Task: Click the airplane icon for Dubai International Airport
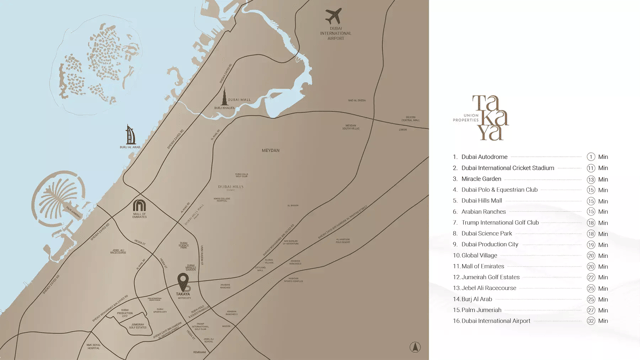point(334,17)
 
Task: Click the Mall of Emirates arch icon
point(139,206)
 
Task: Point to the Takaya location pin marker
point(183,282)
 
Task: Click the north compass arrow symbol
point(416,347)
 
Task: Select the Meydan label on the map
point(271,151)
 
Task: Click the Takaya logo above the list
point(490,117)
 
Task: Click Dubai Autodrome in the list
point(484,157)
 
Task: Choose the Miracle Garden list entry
point(481,179)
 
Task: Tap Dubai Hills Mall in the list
point(483,201)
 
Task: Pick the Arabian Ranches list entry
point(484,212)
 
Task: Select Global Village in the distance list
point(479,255)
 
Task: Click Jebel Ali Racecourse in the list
point(489,288)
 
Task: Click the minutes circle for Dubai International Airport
point(591,321)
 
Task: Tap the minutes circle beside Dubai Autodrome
point(591,157)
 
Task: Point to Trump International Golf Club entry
point(500,223)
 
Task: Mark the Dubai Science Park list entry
point(486,234)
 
